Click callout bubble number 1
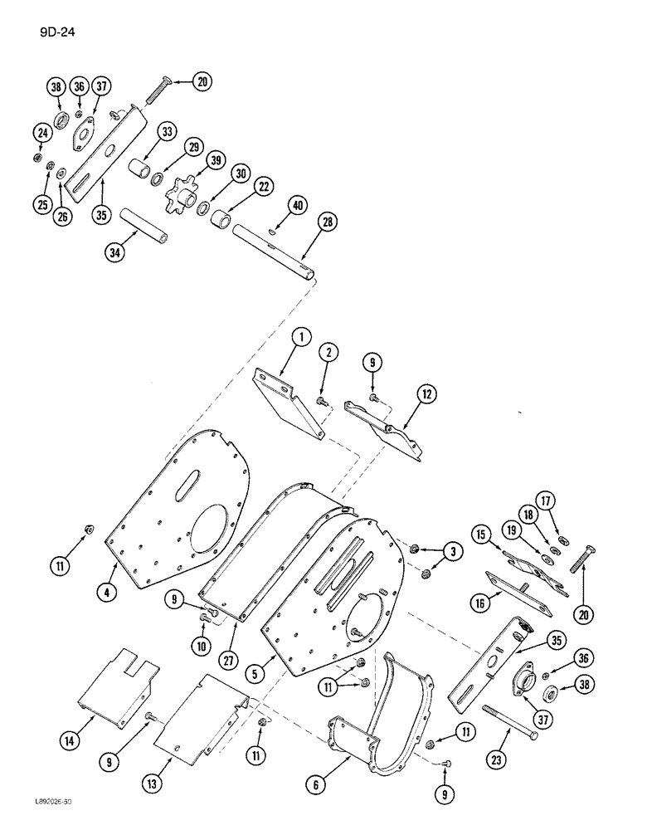tap(300, 338)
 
